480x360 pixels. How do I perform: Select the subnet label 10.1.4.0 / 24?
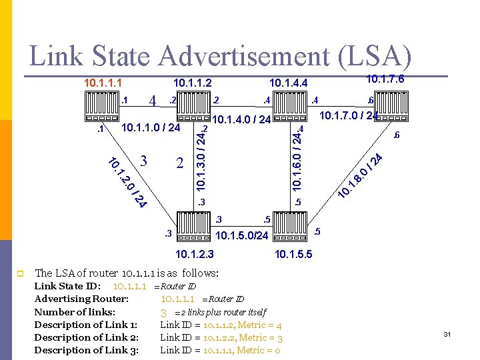pyautogui.click(x=241, y=120)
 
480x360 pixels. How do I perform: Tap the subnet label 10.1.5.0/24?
pyautogui.click(x=242, y=236)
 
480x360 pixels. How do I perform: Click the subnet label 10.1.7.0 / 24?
pyautogui.click(x=349, y=116)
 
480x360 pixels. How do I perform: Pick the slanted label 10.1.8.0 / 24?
pyautogui.click(x=360, y=175)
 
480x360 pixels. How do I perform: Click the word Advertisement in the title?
pyautogui.click(x=226, y=56)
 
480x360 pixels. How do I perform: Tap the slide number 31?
pyautogui.click(x=447, y=333)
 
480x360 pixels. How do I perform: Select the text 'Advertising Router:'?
pyautogui.click(x=81, y=299)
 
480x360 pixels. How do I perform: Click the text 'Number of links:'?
pyautogui.click(x=75, y=311)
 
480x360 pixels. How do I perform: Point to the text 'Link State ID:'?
pyautogui.click(x=67, y=286)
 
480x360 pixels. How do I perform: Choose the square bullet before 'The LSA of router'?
pyautogui.click(x=21, y=273)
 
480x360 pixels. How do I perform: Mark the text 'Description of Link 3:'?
pyautogui.click(x=86, y=350)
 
